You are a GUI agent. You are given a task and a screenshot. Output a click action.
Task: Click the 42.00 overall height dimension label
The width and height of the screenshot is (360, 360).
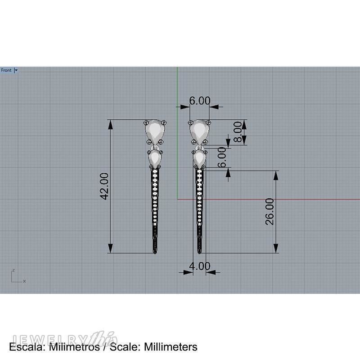tap(103, 186)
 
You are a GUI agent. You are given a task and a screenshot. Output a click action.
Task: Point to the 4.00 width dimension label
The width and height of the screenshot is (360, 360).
tap(199, 266)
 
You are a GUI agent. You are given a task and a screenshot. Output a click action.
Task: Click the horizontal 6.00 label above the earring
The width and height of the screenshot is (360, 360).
tap(199, 101)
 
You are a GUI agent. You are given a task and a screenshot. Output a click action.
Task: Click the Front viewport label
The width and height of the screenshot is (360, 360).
tap(6, 70)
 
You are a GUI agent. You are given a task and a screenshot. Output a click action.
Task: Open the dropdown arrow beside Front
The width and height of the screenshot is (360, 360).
tap(16, 70)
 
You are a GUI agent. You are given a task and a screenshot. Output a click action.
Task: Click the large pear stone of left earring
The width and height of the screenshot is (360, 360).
tap(156, 131)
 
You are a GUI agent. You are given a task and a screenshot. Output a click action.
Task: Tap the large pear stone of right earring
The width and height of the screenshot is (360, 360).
tap(198, 131)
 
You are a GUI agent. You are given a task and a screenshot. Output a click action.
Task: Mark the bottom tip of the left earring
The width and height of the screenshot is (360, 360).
tap(155, 252)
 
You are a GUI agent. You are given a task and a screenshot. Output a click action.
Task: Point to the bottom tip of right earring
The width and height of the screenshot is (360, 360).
tap(198, 252)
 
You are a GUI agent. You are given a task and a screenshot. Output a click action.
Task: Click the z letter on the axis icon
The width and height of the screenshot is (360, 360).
tap(13, 270)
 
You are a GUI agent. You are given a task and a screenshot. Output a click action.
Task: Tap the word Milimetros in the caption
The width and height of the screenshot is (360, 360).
tap(74, 347)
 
